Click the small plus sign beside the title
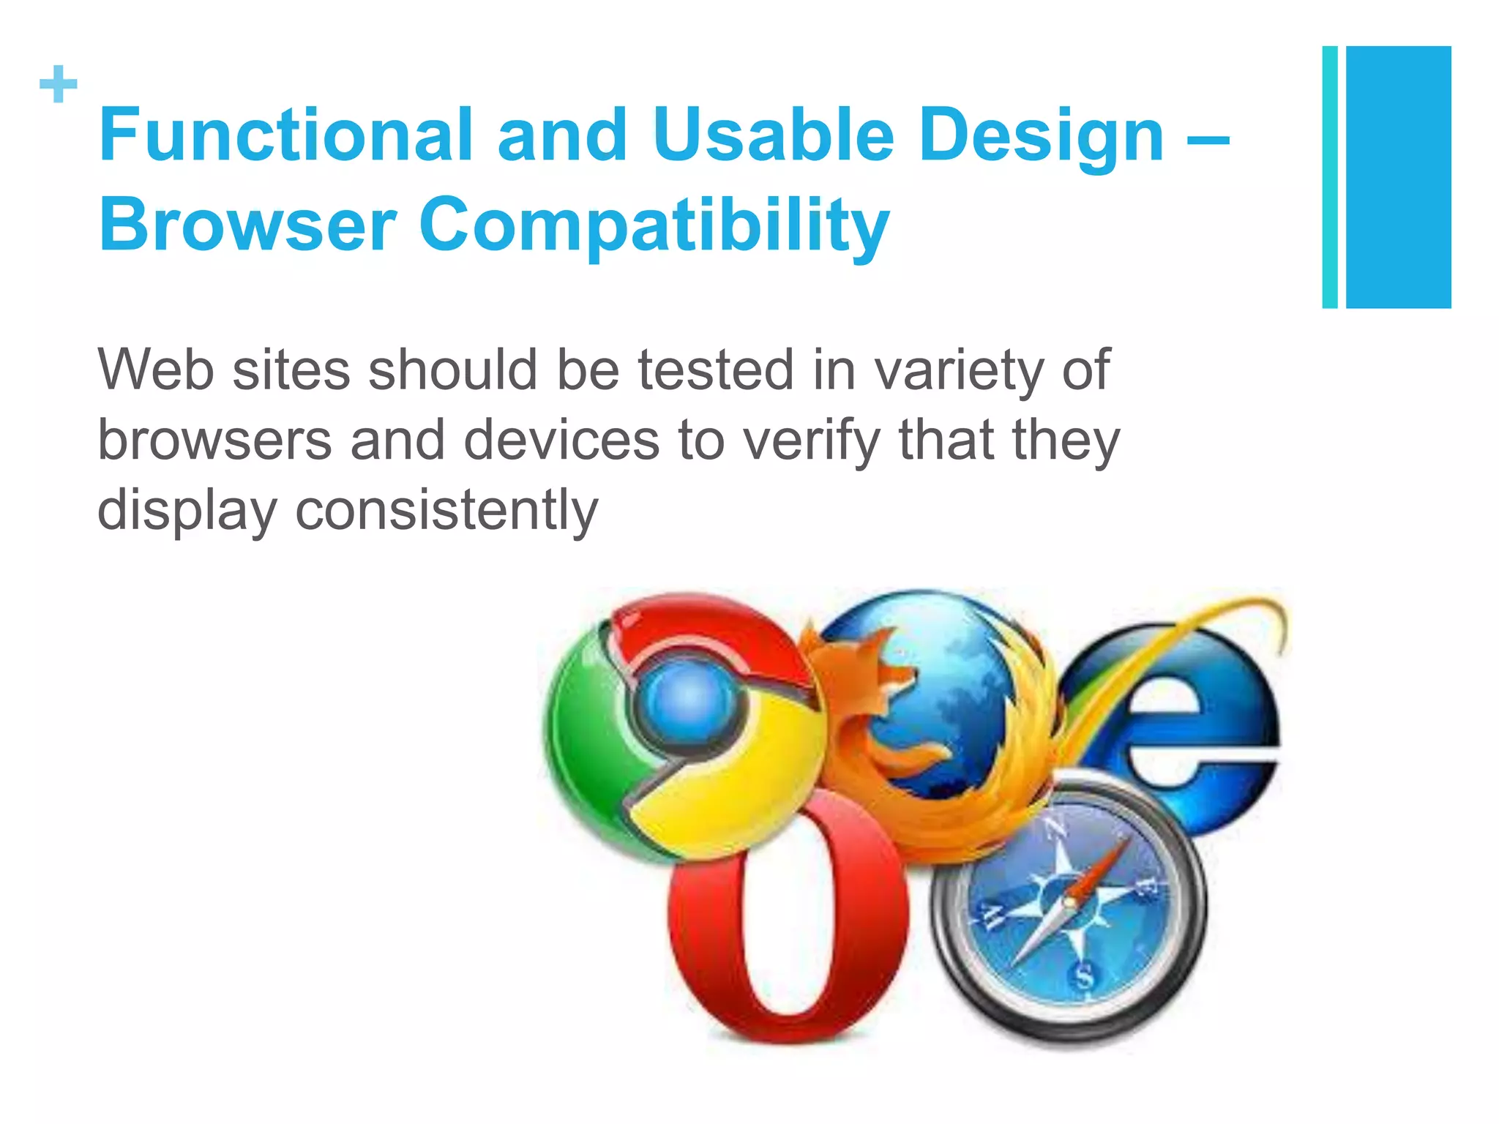pyautogui.click(x=59, y=84)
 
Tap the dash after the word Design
pyautogui.click(x=1208, y=136)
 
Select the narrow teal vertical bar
pyautogui.click(x=1329, y=177)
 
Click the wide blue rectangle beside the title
pyautogui.click(x=1398, y=177)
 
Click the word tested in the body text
pyautogui.click(x=715, y=370)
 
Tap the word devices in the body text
pyautogui.click(x=561, y=440)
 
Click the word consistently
pyautogui.click(x=446, y=510)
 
